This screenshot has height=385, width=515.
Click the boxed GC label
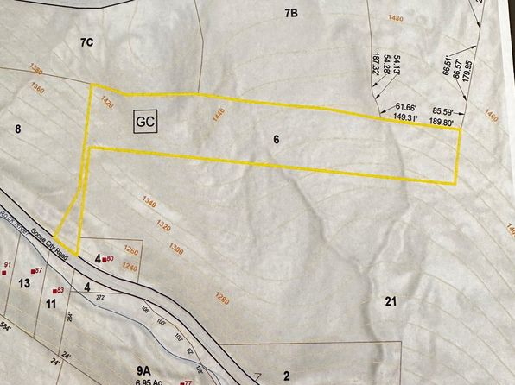coord(144,122)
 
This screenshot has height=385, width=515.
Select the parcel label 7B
coord(290,13)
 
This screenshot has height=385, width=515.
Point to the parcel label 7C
coord(86,41)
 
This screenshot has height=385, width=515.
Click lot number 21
coord(390,301)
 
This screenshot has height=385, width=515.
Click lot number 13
coord(24,283)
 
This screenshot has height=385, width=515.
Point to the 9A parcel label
coord(143,369)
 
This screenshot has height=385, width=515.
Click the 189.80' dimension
coord(442,123)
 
